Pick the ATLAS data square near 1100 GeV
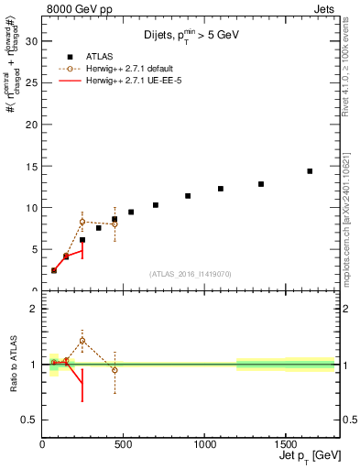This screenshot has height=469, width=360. click(221, 189)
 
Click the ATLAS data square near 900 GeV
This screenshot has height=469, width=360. click(188, 196)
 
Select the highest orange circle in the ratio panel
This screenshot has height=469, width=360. click(82, 341)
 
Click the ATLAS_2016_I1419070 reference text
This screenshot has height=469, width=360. click(191, 274)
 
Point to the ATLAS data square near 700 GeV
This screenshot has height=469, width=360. click(156, 205)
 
